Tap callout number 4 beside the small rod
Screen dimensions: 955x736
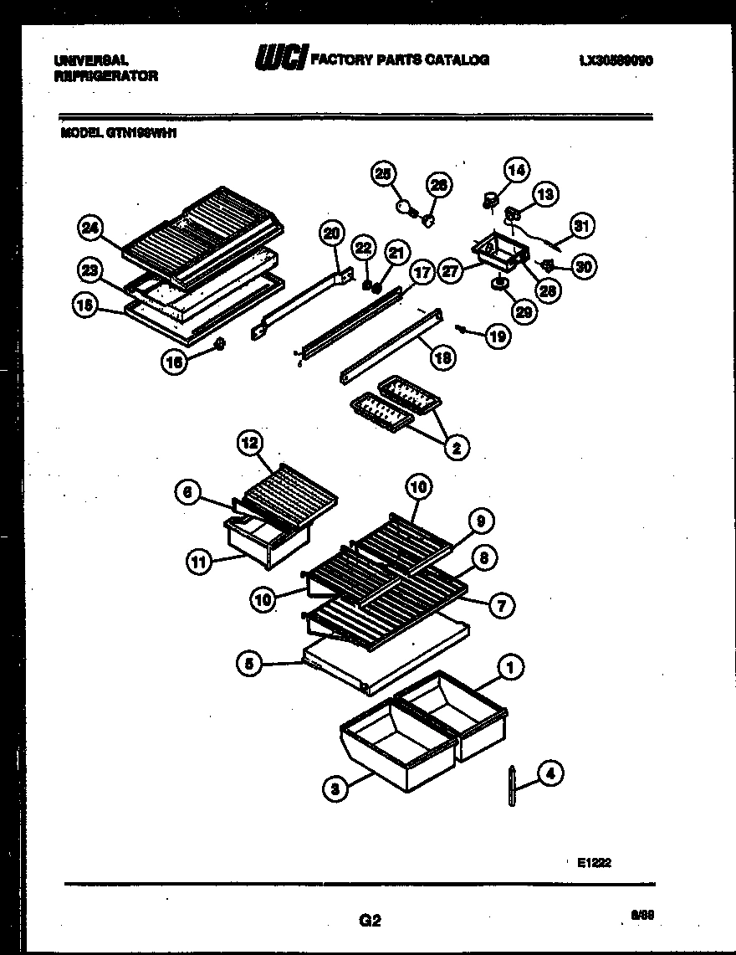click(549, 774)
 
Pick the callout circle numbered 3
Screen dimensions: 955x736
click(334, 788)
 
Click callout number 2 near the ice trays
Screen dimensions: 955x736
click(456, 448)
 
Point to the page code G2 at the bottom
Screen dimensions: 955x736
click(370, 921)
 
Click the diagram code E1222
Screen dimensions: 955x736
click(593, 863)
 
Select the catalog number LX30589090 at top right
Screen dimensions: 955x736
click(616, 60)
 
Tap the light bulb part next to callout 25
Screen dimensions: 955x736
click(406, 205)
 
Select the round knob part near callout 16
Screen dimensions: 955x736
click(221, 343)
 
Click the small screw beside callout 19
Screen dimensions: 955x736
click(461, 326)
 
